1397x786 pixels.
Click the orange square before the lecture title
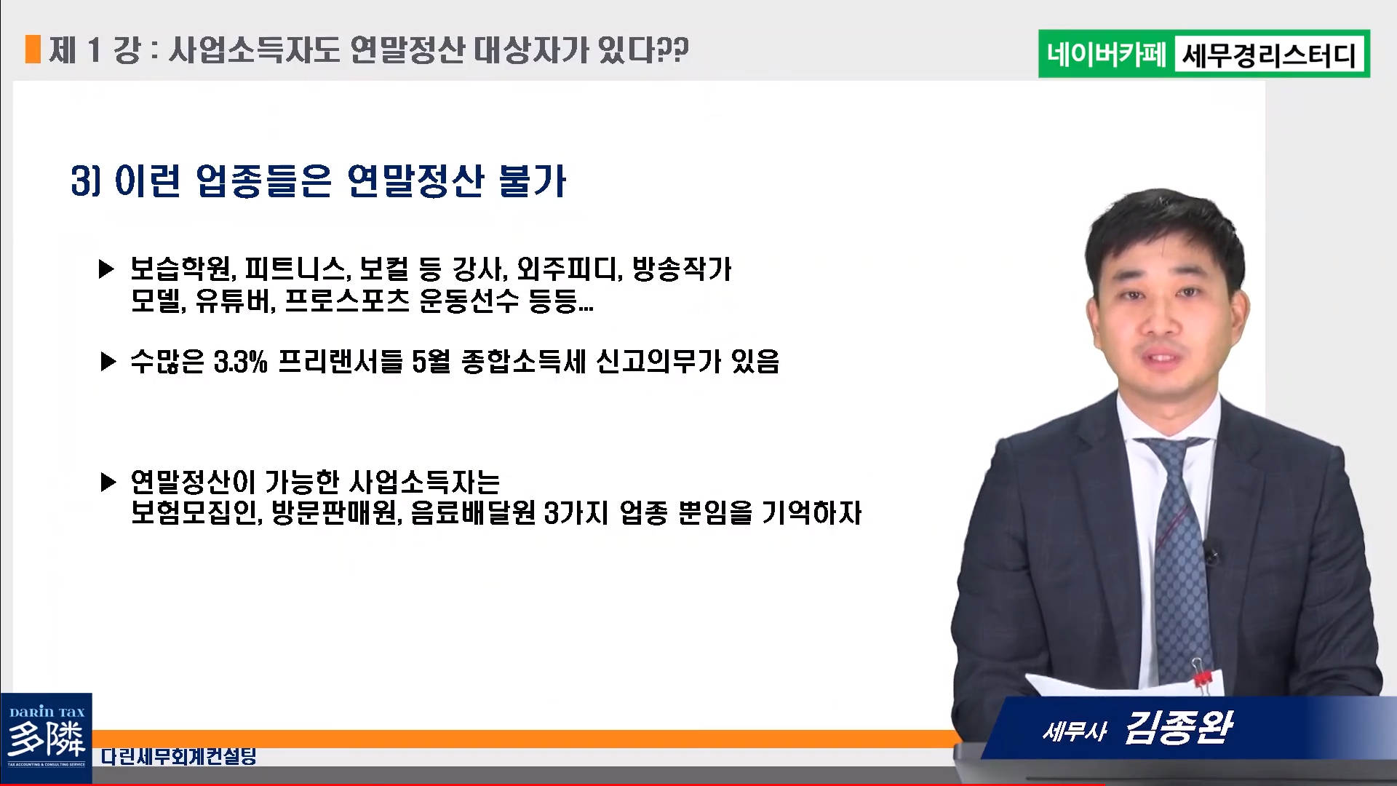pyautogui.click(x=33, y=49)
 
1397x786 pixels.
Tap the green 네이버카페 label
pyautogui.click(x=1107, y=55)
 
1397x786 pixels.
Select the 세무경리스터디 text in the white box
pyautogui.click(x=1270, y=55)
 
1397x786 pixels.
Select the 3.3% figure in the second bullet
pyautogui.click(x=241, y=361)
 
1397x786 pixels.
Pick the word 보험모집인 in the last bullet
pyautogui.click(x=195, y=512)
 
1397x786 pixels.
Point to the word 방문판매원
pyautogui.click(x=336, y=512)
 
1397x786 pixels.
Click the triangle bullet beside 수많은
pyautogui.click(x=108, y=361)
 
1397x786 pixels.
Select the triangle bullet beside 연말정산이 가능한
pyautogui.click(x=108, y=482)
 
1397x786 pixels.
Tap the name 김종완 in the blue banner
pyautogui.click(x=1179, y=727)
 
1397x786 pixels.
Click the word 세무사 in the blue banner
pyautogui.click(x=1075, y=731)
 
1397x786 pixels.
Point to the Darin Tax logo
pyautogui.click(x=46, y=737)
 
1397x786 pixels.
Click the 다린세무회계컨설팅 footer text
pyautogui.click(x=179, y=756)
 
